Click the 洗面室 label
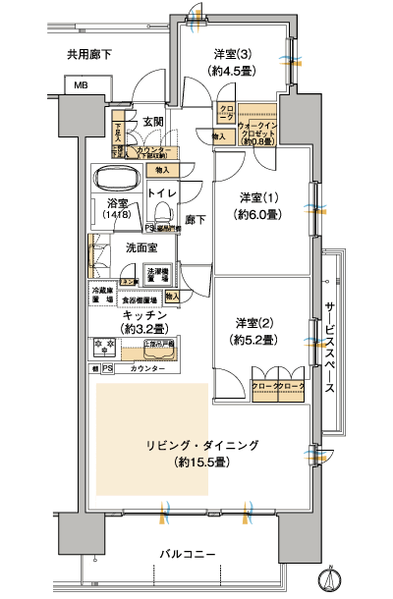(140, 248)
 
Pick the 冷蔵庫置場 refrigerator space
(102, 295)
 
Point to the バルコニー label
(187, 556)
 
